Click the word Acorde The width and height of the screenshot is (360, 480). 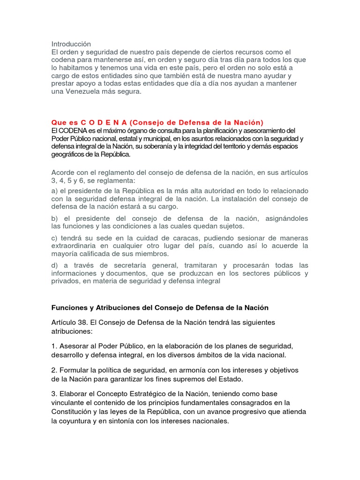63,172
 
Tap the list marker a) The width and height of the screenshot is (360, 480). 55,191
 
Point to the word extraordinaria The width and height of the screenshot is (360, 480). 75,246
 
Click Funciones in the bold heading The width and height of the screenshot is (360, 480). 68,308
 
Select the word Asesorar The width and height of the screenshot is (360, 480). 74,346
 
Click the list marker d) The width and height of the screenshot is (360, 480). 55,265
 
